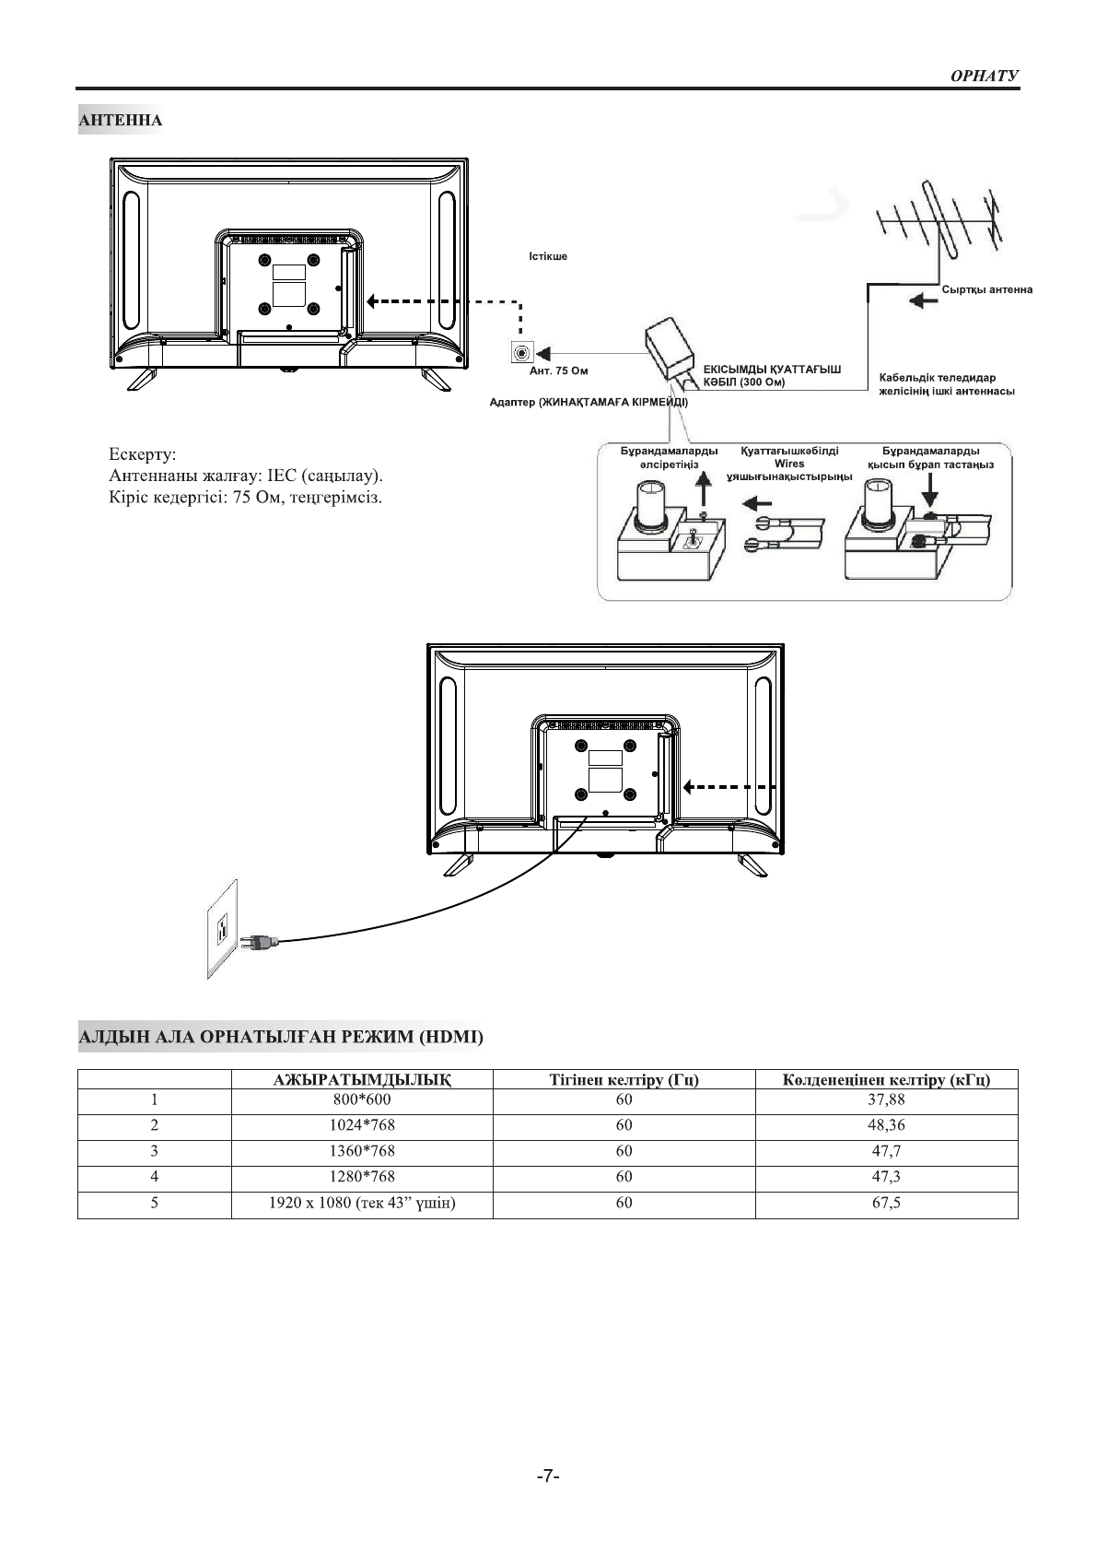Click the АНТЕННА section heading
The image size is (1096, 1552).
[121, 121]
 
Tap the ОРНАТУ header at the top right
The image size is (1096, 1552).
[984, 76]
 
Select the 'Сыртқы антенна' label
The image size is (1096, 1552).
[986, 289]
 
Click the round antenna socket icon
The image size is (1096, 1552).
[521, 352]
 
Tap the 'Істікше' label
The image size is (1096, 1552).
[548, 256]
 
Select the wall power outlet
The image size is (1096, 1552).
[221, 928]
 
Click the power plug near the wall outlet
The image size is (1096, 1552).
[257, 942]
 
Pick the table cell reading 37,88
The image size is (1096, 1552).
[887, 1099]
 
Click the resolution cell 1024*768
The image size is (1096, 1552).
[362, 1125]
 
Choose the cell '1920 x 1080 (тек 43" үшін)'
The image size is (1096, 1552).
[362, 1203]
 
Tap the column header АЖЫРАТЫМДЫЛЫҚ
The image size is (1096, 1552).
[362, 1080]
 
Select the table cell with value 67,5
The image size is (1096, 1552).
[887, 1203]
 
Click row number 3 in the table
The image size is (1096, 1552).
[154, 1151]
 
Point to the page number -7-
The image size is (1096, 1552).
[548, 1476]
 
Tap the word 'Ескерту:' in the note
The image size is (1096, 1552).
[143, 454]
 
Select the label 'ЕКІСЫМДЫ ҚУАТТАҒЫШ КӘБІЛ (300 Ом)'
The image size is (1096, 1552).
[772, 375]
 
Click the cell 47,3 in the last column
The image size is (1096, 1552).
[887, 1177]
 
